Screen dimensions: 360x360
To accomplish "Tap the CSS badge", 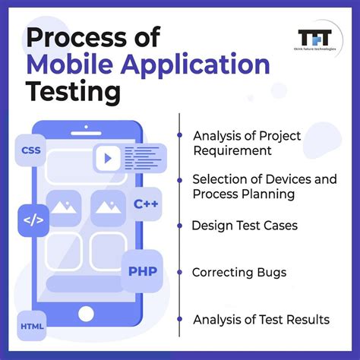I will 32,150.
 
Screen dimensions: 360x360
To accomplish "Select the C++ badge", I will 146,204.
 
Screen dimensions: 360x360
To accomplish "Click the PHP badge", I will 142,271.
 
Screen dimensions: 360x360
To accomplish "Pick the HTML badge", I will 32,327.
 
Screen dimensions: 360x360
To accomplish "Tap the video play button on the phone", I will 107,159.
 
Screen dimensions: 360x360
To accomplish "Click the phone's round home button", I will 87,313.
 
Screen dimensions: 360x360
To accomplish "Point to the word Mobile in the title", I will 71,65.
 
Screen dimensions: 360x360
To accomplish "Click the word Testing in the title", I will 74,93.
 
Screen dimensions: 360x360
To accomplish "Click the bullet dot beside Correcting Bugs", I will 178,271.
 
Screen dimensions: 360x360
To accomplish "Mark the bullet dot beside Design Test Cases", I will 178,226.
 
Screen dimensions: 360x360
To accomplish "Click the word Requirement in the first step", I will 232,150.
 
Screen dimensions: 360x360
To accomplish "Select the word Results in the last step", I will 307,319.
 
